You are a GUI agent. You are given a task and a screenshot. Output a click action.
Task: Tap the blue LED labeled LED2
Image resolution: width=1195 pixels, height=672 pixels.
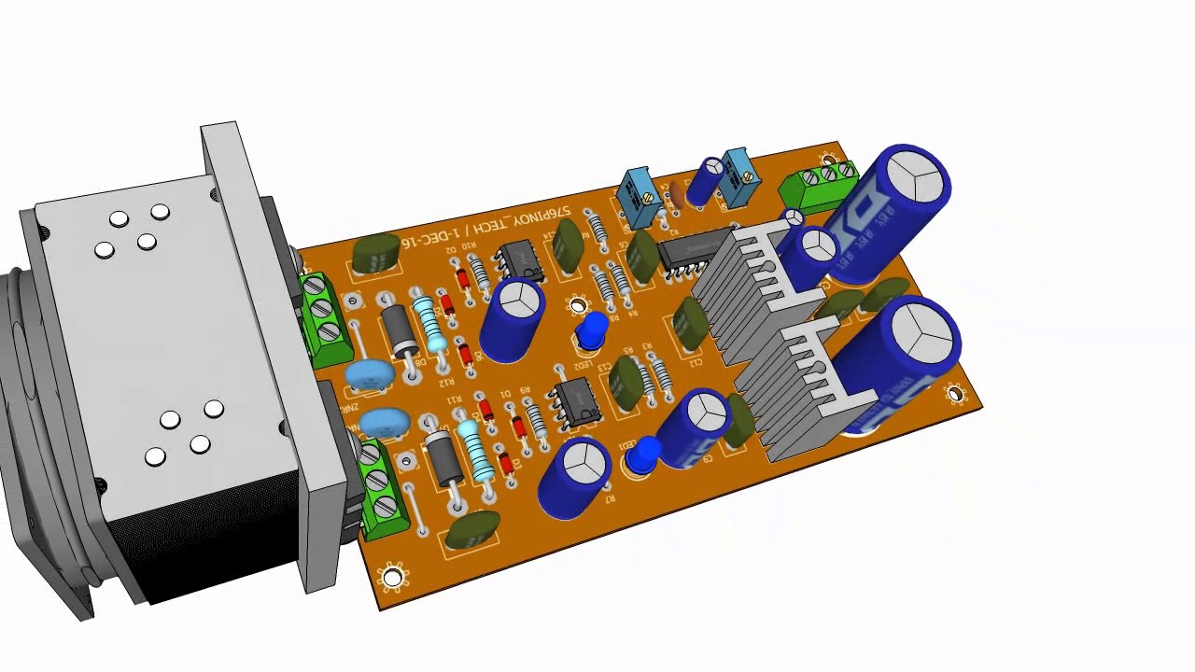click(x=592, y=331)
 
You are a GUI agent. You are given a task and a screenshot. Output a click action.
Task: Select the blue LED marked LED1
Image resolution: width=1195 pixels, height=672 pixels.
click(x=642, y=456)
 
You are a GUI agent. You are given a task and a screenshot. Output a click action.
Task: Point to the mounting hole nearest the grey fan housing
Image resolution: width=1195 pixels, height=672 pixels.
click(x=392, y=578)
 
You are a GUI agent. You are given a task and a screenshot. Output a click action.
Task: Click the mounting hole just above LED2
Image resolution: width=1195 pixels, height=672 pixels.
click(x=578, y=306)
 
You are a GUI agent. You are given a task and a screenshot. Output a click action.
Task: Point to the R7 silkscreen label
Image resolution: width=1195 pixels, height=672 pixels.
click(x=610, y=499)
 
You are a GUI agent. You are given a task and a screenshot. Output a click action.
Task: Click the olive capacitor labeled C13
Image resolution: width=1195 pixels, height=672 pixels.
click(x=626, y=378)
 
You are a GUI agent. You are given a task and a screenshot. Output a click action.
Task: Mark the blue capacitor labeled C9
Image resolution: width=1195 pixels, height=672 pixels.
click(x=696, y=428)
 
